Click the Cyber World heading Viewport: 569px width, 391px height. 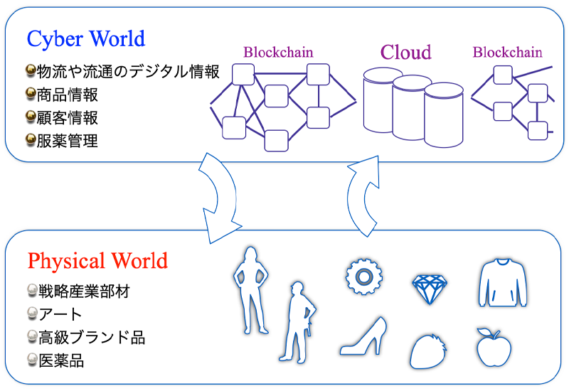(x=85, y=38)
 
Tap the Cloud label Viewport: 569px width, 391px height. (x=406, y=52)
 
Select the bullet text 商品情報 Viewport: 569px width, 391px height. (x=68, y=95)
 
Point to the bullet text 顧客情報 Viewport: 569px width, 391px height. (x=68, y=117)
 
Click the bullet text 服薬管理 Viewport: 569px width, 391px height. (x=68, y=140)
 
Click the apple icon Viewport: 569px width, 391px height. (x=493, y=346)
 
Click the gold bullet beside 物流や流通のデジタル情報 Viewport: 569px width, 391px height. (x=29, y=71)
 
